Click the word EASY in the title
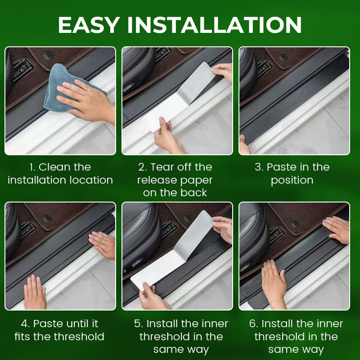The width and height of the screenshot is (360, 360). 89,25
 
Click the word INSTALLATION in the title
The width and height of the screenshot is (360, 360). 215,25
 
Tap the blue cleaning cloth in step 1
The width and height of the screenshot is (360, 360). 69,88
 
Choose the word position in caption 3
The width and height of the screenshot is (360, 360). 292,181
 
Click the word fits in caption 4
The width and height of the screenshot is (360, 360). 23,337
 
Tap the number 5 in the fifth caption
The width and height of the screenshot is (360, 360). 139,324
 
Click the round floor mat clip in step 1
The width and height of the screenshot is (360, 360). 49,55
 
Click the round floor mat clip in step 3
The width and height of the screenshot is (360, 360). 283,57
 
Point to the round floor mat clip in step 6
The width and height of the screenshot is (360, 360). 295,224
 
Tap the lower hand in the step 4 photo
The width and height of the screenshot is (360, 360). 35,293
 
